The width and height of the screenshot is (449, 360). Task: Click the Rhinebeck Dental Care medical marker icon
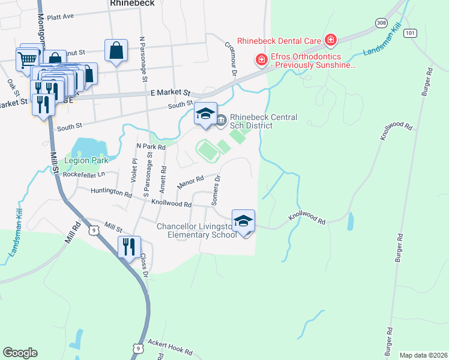pos(330,41)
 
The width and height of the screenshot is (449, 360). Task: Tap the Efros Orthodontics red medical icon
pos(261,59)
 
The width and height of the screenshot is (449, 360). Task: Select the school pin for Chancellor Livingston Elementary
pos(243,221)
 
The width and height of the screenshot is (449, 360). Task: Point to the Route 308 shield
pos(381,23)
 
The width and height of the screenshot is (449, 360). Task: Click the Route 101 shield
pos(410,32)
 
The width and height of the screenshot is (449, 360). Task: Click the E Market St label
pos(170,94)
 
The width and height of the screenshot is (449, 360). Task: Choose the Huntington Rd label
pos(111,193)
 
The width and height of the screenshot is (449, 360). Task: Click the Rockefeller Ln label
pos(83,175)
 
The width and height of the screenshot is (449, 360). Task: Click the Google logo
pos(20,353)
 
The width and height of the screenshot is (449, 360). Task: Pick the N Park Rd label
pos(151,146)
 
